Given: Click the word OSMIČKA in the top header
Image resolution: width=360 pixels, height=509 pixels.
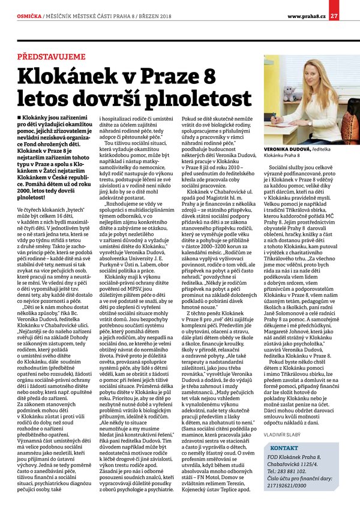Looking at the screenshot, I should click(29, 16).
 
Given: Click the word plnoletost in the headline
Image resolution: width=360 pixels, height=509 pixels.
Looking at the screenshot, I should click(200, 100).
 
